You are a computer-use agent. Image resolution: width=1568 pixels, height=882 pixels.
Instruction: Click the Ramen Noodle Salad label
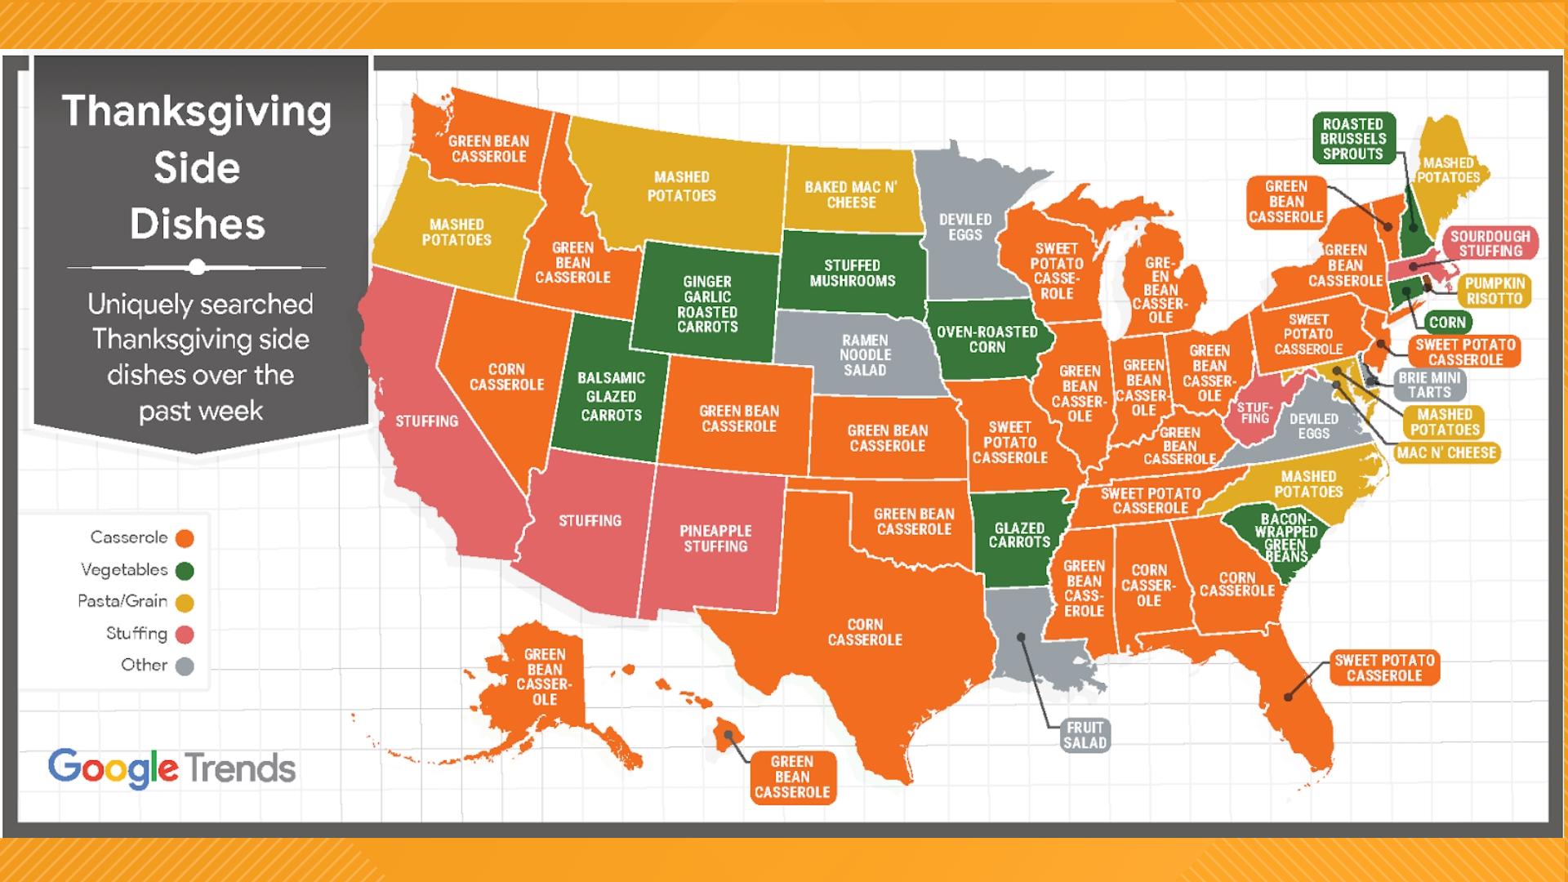pyautogui.click(x=865, y=355)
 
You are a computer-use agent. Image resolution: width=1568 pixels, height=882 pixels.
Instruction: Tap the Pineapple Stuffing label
pyautogui.click(x=715, y=539)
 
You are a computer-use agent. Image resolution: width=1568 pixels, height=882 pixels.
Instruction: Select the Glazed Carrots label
pyautogui.click(x=1019, y=535)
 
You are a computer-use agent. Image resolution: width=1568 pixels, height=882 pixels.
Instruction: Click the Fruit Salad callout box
pyautogui.click(x=1085, y=735)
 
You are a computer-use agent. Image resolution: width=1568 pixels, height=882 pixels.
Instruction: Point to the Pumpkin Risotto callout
pyautogui.click(x=1494, y=291)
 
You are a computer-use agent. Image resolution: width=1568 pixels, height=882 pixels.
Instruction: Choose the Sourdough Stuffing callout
pyautogui.click(x=1490, y=243)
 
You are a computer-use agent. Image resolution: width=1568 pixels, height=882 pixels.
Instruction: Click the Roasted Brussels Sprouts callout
pyautogui.click(x=1352, y=139)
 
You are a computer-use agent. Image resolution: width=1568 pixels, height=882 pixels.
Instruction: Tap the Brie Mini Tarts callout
pyautogui.click(x=1429, y=385)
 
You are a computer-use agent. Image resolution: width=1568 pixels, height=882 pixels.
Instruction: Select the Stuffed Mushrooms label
pyautogui.click(x=852, y=273)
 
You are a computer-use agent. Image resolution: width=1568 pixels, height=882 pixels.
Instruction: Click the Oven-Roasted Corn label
pyautogui.click(x=987, y=339)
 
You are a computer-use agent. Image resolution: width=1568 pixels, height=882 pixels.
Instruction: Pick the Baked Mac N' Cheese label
pyautogui.click(x=850, y=194)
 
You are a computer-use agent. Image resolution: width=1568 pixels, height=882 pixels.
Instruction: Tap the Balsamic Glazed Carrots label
pyautogui.click(x=611, y=396)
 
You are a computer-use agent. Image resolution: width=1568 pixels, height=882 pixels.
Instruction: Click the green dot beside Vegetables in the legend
pyautogui.click(x=185, y=571)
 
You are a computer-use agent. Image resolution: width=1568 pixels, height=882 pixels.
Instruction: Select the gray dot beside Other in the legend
pyautogui.click(x=185, y=666)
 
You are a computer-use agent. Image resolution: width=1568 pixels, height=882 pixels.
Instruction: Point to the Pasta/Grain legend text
pyautogui.click(x=122, y=601)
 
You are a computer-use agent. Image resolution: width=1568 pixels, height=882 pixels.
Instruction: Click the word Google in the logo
pyautogui.click(x=113, y=768)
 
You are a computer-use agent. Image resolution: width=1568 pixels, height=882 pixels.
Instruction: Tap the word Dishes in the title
pyautogui.click(x=197, y=224)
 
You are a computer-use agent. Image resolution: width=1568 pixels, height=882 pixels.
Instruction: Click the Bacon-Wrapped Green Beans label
pyautogui.click(x=1285, y=537)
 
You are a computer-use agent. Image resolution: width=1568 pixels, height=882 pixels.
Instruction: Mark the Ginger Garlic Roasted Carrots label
pyautogui.click(x=707, y=304)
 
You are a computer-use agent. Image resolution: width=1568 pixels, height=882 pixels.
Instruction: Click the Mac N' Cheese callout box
pyautogui.click(x=1446, y=452)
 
